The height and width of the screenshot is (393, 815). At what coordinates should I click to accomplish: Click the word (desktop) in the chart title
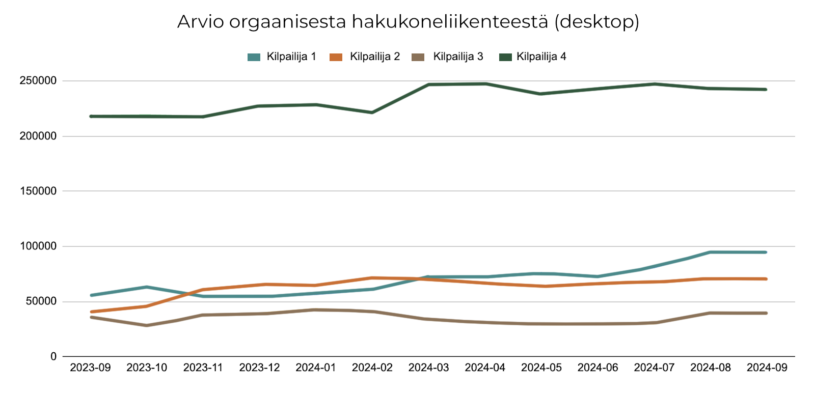pyautogui.click(x=596, y=22)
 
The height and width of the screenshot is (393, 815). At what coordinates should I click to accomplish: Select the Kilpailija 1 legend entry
pyautogui.click(x=291, y=57)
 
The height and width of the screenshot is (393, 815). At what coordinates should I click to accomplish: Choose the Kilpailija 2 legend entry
pyautogui.click(x=374, y=57)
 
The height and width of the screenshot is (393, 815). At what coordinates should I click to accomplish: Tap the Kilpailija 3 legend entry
pyautogui.click(x=457, y=57)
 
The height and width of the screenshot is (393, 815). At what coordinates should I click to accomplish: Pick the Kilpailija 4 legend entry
pyautogui.click(x=541, y=57)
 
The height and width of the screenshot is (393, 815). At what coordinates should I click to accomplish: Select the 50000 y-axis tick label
pyautogui.click(x=41, y=301)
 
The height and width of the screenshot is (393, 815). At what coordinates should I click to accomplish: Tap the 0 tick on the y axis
pyautogui.click(x=53, y=357)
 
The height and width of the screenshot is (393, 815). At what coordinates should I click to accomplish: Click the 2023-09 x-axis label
pyautogui.click(x=90, y=368)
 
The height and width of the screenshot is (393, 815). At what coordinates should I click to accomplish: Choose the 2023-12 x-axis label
pyautogui.click(x=259, y=368)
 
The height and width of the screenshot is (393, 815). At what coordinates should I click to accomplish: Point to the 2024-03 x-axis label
pyautogui.click(x=428, y=368)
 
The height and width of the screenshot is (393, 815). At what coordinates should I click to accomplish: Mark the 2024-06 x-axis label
pyautogui.click(x=597, y=368)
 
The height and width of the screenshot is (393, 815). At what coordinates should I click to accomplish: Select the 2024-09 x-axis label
pyautogui.click(x=767, y=368)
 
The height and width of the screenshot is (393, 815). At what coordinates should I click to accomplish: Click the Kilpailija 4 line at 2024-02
pyautogui.click(x=372, y=113)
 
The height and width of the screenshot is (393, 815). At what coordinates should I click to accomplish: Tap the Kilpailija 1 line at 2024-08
pyautogui.click(x=710, y=252)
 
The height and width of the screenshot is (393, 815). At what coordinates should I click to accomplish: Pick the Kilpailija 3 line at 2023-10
pyautogui.click(x=147, y=325)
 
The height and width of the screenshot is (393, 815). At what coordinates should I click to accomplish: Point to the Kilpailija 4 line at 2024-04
pyautogui.click(x=485, y=83)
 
